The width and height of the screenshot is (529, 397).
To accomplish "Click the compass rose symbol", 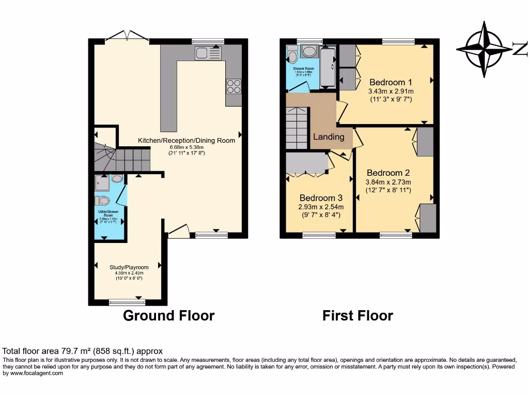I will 484,49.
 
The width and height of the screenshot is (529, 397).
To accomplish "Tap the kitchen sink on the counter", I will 208,53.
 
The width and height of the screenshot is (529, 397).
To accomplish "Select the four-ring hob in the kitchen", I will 234,86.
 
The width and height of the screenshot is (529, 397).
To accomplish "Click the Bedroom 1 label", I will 391,82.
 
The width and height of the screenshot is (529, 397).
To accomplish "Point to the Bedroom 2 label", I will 388,173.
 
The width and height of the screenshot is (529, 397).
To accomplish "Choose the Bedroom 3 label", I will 321,198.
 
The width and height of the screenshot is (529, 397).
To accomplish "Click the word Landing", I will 329,137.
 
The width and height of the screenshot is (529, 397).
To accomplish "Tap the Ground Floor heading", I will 168,315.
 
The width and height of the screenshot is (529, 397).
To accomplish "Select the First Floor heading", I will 357,315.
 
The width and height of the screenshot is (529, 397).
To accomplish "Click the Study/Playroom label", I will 129,267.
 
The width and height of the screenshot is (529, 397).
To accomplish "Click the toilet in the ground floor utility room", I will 102,201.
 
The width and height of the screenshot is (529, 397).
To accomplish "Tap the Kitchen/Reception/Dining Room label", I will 186,140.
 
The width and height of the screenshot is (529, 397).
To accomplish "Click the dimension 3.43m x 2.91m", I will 390,91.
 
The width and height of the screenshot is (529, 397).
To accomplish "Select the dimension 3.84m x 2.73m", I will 388,182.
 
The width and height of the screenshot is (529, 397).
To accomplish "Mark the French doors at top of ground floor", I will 127,36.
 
